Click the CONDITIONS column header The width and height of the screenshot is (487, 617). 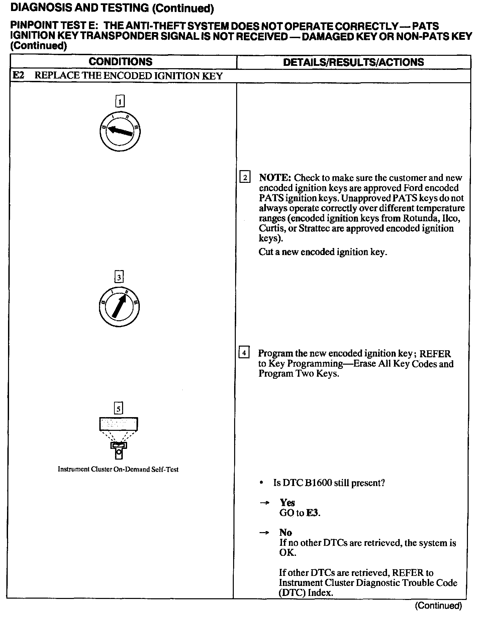(x=120, y=62)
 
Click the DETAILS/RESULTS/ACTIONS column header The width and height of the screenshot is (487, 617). (x=353, y=62)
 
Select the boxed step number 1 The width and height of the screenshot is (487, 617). (x=120, y=101)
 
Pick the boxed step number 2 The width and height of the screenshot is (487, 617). (x=245, y=177)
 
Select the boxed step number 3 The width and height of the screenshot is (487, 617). (x=119, y=277)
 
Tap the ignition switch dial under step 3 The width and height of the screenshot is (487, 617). (x=119, y=307)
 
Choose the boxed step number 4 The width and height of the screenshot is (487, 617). (x=244, y=353)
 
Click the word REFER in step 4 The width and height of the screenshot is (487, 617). (x=435, y=354)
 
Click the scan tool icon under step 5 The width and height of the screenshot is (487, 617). (x=119, y=438)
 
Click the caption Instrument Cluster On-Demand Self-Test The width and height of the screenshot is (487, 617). (x=118, y=469)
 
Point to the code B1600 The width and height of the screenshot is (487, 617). (x=317, y=483)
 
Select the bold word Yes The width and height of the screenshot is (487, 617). (x=287, y=503)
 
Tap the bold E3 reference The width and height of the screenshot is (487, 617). (x=313, y=513)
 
